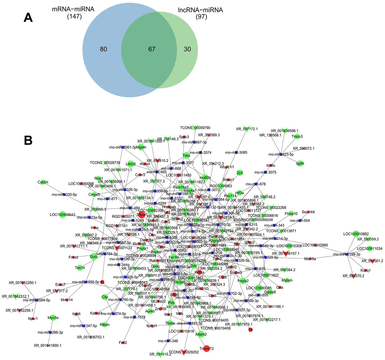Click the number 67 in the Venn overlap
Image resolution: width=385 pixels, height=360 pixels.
click(x=152, y=49)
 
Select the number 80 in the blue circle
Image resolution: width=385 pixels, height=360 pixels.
click(x=103, y=49)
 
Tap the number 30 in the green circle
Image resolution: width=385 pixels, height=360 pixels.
click(x=187, y=49)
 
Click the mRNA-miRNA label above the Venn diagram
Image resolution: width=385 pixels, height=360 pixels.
click(x=73, y=9)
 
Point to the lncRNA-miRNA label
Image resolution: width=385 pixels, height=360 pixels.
click(x=200, y=10)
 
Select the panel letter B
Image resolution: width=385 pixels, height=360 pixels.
click(x=29, y=140)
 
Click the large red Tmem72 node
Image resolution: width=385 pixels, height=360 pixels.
click(x=207, y=348)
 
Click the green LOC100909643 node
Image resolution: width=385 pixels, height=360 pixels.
click(x=63, y=215)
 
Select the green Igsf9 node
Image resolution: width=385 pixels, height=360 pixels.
click(x=300, y=163)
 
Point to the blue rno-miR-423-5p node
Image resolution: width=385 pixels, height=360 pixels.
click(x=281, y=154)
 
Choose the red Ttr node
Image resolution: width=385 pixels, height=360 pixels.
click(x=251, y=330)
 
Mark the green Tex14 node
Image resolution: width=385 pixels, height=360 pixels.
click(x=80, y=268)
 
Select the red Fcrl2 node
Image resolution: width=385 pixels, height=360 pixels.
click(x=123, y=343)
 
